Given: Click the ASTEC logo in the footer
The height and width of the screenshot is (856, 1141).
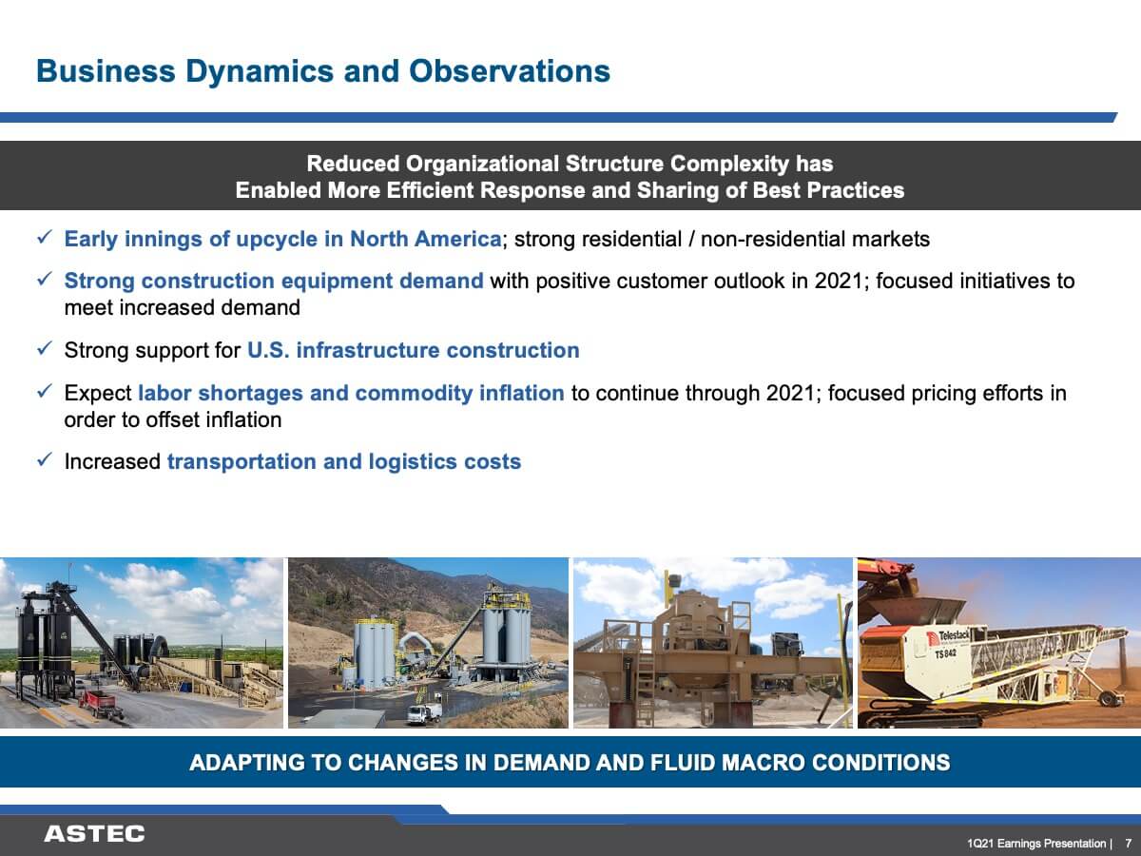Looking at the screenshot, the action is click(94, 834).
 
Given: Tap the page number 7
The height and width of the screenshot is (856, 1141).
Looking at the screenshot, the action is click(1129, 843).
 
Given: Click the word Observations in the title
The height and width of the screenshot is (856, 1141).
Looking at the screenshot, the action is click(510, 71).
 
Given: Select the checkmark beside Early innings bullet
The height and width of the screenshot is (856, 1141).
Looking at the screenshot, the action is click(46, 238).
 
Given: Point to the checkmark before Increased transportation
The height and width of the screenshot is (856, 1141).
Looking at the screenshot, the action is click(46, 459).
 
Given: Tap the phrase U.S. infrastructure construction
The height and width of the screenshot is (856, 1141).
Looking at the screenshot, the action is click(414, 350).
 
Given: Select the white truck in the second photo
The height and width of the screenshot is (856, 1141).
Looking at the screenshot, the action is click(424, 714).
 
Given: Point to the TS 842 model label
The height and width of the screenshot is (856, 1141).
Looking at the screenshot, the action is click(945, 653).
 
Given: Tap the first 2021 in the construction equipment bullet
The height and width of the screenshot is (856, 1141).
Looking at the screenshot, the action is click(839, 282).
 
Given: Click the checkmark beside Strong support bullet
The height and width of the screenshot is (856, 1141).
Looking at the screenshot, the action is click(46, 348).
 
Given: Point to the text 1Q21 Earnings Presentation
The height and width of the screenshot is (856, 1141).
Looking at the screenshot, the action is click(1036, 843).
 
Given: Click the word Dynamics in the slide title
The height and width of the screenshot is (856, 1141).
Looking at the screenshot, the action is click(260, 72).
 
